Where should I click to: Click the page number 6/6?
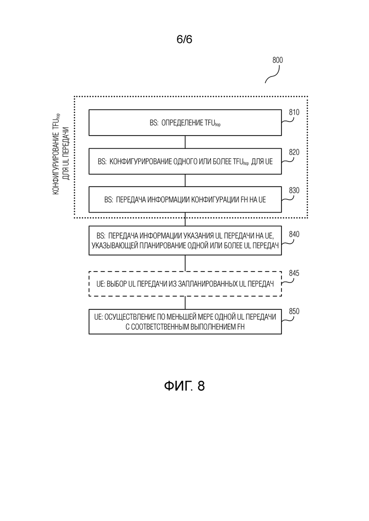coord(184,40)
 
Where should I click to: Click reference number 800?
coord(278,60)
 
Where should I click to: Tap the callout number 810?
coord(294,112)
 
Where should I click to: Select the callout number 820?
coord(294,152)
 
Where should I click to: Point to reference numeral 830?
coord(294,190)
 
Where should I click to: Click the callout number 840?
coord(294,234)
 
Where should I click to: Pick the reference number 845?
coord(294,273)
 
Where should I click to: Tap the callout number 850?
coord(294,311)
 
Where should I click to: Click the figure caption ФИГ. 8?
coord(184,386)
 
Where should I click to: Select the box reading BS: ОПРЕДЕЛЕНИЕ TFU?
coord(185,123)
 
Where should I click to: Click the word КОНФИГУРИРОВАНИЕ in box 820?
coord(141,162)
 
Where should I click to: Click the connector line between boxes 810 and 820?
coord(185,142)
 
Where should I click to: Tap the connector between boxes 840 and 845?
coord(185,264)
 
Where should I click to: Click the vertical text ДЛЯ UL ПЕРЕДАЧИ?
coord(66,153)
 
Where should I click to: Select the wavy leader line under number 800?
coord(272,74)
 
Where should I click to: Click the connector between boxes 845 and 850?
coord(185,303)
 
